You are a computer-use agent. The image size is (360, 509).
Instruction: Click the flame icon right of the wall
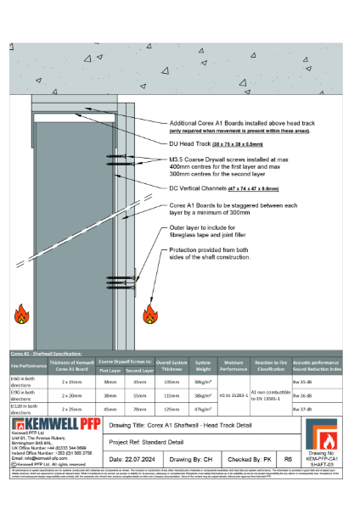[x=151, y=315]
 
